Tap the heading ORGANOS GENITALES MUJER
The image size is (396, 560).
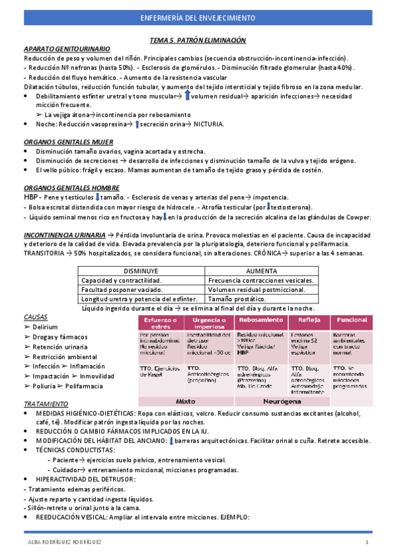pyautogui.click(x=67, y=142)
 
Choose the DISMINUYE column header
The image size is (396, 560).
pyautogui.click(x=151, y=271)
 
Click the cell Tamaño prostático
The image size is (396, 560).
pyautogui.click(x=236, y=299)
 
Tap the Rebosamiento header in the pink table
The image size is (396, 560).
pyautogui.click(x=260, y=320)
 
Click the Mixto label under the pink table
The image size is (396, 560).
pyautogui.click(x=186, y=401)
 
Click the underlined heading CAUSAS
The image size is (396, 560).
pyautogui.click(x=35, y=317)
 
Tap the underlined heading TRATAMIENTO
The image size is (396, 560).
pyautogui.click(x=46, y=403)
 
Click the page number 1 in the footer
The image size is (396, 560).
pyautogui.click(x=366, y=543)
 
